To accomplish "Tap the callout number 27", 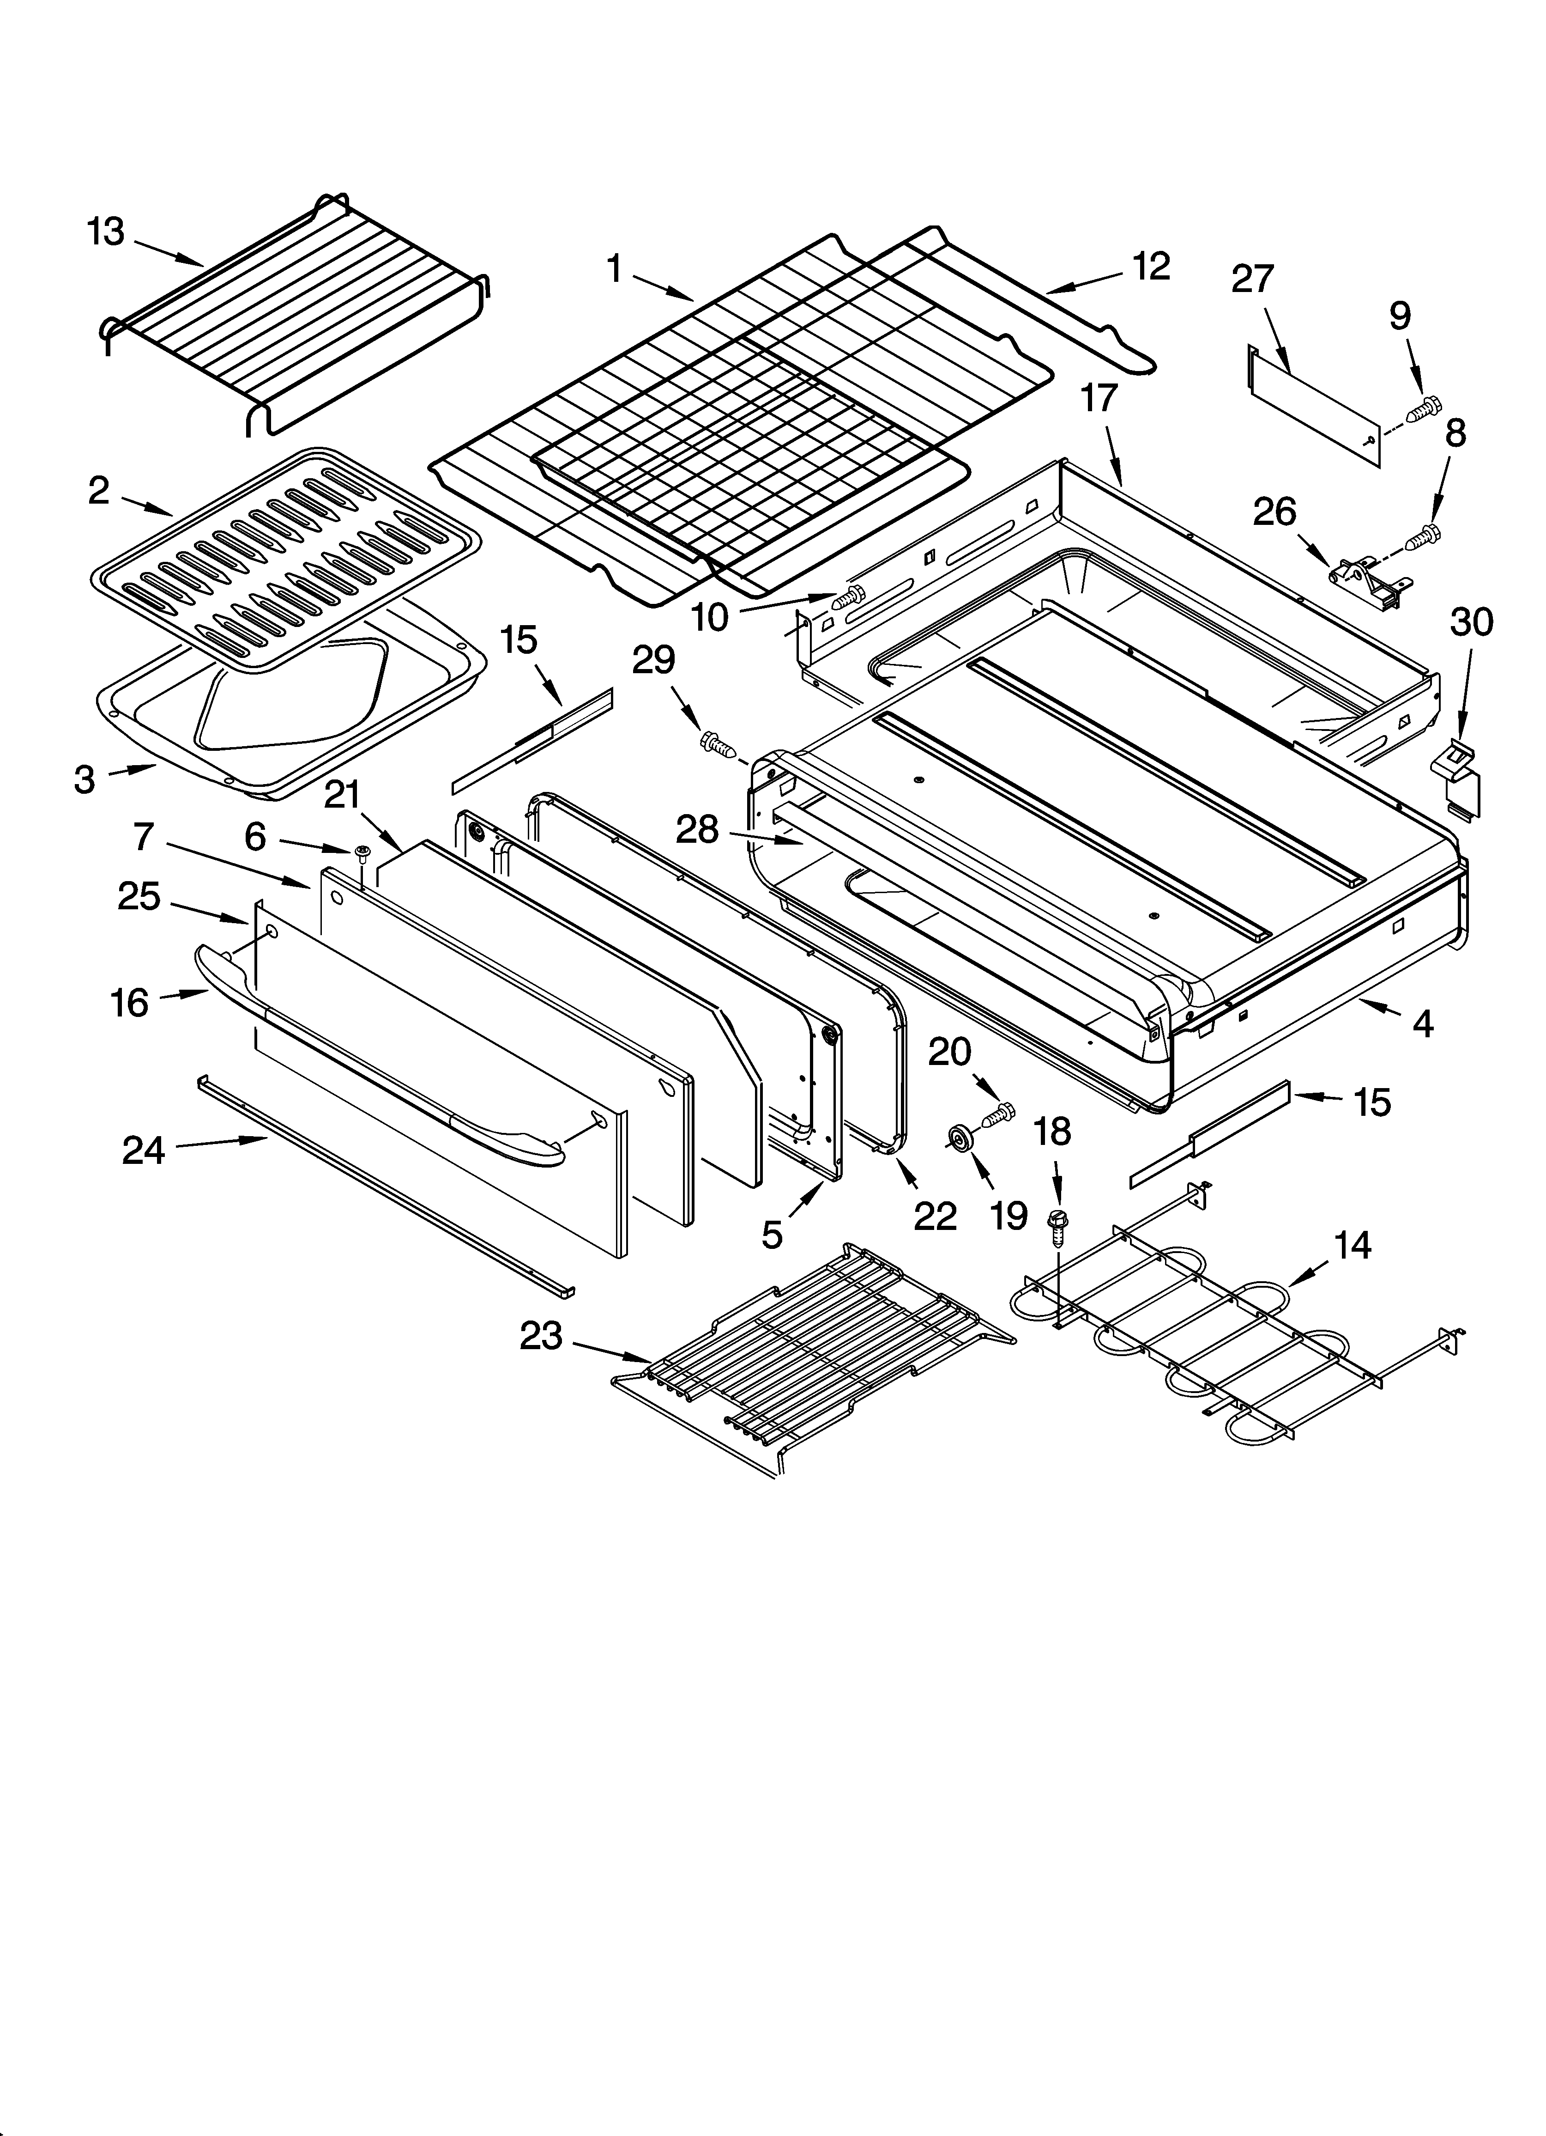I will click(1252, 280).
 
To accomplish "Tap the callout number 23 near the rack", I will click(541, 1335).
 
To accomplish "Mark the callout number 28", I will click(697, 830).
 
